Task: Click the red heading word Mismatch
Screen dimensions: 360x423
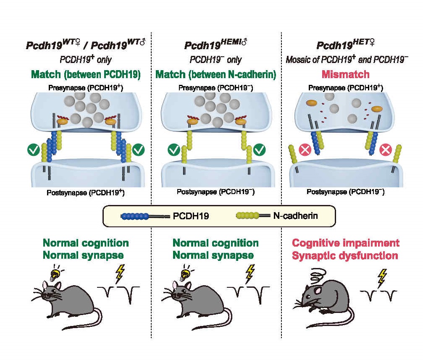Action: [x=345, y=75]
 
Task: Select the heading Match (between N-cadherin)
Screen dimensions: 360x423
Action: [x=216, y=75]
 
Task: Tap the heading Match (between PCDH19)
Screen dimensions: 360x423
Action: [x=85, y=75]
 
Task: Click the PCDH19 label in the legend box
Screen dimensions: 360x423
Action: [x=192, y=216]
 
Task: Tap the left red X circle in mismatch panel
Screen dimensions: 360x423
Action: [x=305, y=150]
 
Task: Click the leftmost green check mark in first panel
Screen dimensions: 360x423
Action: [x=33, y=149]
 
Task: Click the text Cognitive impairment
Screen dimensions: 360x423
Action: [x=345, y=243]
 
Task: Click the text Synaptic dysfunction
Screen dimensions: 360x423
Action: [x=345, y=255]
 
